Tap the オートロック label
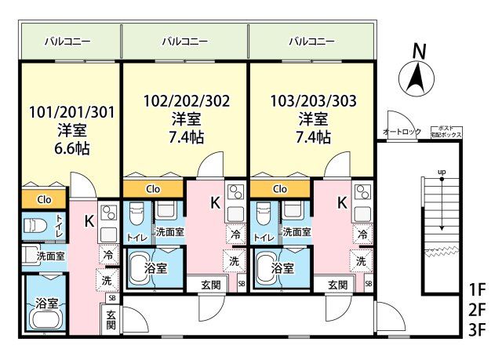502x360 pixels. pyautogui.click(x=402, y=131)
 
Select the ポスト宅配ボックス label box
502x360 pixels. pyautogui.click(x=446, y=131)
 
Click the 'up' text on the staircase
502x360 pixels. pyautogui.click(x=442, y=171)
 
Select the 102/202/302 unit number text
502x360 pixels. pyautogui.click(x=187, y=100)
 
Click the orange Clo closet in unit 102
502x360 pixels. pyautogui.click(x=153, y=189)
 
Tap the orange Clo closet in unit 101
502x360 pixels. pyautogui.click(x=45, y=200)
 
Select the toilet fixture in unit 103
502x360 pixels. pyautogui.click(x=264, y=215)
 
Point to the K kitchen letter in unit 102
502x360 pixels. pyautogui.click(x=214, y=202)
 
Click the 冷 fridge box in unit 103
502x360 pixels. pyautogui.click(x=362, y=234)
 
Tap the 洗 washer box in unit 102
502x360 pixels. pyautogui.click(x=234, y=260)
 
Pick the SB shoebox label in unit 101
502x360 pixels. pyautogui.click(x=112, y=298)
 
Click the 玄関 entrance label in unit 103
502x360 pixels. pyautogui.click(x=337, y=284)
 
